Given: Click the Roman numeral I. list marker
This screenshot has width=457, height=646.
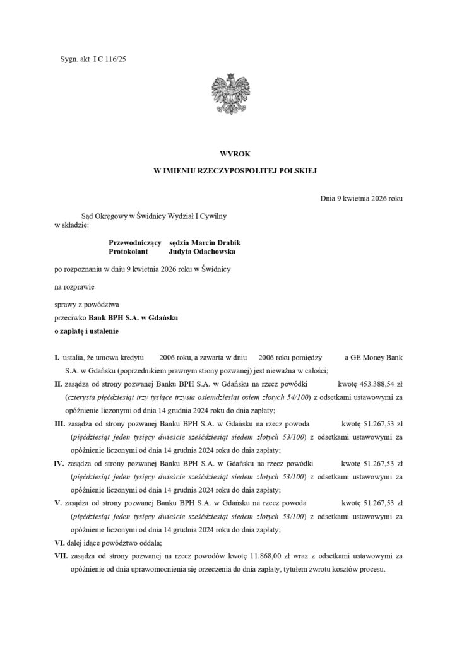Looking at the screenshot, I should (x=57, y=358).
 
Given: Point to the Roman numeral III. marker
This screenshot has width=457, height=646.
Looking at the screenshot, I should (x=60, y=425).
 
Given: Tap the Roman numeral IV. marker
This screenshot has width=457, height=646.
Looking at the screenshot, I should (x=60, y=464).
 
